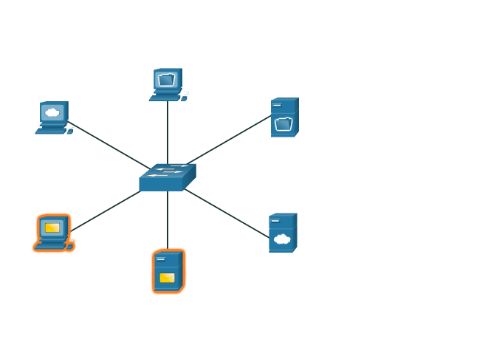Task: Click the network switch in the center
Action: click(x=167, y=177)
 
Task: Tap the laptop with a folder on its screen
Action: click(x=168, y=84)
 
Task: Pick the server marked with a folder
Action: click(x=284, y=117)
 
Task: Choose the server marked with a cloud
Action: click(x=282, y=233)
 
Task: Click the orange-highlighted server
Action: click(x=168, y=271)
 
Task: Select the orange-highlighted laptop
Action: click(x=53, y=233)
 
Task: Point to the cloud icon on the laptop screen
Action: click(x=52, y=112)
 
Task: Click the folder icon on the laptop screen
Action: click(x=167, y=79)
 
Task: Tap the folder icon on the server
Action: click(x=283, y=124)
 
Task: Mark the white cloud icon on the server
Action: click(x=281, y=239)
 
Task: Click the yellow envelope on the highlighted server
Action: click(x=168, y=278)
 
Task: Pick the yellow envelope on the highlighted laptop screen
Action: click(x=52, y=228)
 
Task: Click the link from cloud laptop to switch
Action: click(x=107, y=145)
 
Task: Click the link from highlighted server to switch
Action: click(x=168, y=219)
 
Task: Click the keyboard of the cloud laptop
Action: click(x=52, y=130)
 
